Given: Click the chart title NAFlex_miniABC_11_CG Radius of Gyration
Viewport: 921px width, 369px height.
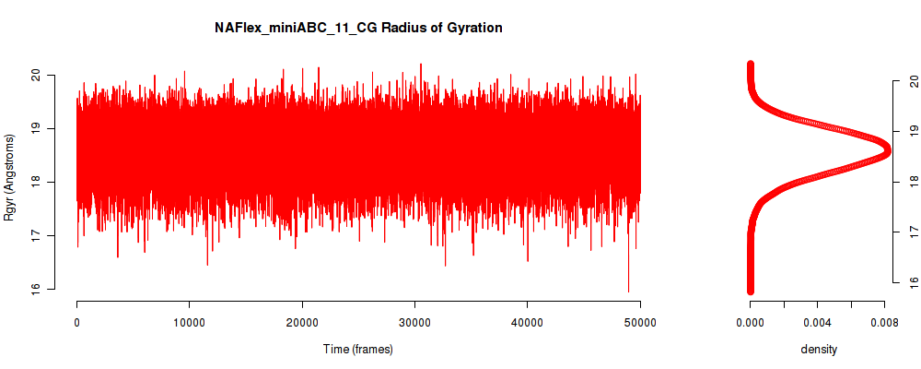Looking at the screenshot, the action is (x=358, y=28).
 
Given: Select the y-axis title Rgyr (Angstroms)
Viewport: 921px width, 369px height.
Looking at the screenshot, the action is (x=9, y=182).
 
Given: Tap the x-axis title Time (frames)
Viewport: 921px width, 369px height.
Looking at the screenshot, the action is (x=358, y=349).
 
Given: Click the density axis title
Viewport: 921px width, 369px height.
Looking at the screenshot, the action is (x=819, y=350).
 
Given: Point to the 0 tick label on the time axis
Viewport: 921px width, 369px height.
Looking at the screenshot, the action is (x=77, y=322).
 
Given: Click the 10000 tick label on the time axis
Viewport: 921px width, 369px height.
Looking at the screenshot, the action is (x=189, y=322).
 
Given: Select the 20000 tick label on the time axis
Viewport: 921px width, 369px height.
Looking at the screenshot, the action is (x=302, y=322).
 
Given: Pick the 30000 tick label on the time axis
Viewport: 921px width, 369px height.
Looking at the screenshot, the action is (x=414, y=322).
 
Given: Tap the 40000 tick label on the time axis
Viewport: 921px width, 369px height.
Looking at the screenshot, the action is (x=528, y=322).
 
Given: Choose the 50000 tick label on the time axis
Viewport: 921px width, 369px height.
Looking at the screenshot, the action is (x=640, y=322).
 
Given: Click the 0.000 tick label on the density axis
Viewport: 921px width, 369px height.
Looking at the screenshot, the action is (x=750, y=322).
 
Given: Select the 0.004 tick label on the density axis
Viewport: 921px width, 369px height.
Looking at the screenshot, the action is (x=818, y=322).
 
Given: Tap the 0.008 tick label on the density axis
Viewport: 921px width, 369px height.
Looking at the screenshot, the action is (x=885, y=322).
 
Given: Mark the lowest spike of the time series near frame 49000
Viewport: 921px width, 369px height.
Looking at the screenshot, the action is (x=628, y=292).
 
